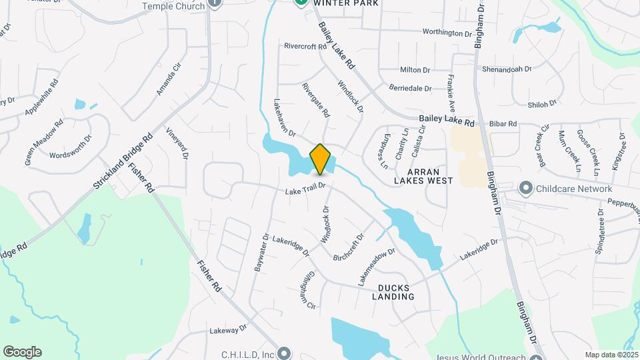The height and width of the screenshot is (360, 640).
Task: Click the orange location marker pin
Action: point(320,159)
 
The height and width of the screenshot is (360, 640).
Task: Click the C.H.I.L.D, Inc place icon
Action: point(285,353)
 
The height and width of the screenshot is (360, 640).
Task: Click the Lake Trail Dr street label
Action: point(305,189)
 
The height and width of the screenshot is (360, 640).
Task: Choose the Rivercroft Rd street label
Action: point(305,47)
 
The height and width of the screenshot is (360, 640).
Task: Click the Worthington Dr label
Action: point(447,33)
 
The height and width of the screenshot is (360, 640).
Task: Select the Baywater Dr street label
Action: point(261,252)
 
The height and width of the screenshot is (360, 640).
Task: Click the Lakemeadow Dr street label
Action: point(377,268)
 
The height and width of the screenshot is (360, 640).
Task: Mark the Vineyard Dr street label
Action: point(178,143)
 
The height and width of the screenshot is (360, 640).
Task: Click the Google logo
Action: point(22,352)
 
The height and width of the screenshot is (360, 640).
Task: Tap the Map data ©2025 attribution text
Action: point(611,355)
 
